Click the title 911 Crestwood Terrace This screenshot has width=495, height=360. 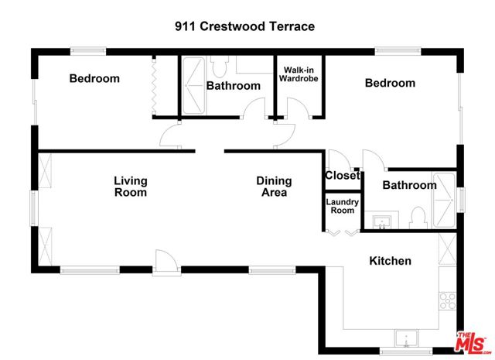[244, 26]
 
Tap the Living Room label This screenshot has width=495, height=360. [131, 187]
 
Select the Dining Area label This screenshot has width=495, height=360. [274, 187]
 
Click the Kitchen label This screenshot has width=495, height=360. [390, 261]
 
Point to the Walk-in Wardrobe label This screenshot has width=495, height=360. [299, 74]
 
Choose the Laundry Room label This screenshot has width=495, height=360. [342, 206]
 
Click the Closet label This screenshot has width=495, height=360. [343, 175]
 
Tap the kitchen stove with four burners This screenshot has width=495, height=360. [448, 301]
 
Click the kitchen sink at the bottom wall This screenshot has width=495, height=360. [407, 339]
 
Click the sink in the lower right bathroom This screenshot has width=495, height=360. [381, 222]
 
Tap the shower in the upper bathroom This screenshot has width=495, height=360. [193, 86]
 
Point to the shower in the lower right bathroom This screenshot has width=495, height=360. [444, 200]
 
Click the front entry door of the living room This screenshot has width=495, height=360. [166, 261]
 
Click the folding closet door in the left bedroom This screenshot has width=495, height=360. [154, 86]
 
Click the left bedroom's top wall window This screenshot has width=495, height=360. [87, 51]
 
